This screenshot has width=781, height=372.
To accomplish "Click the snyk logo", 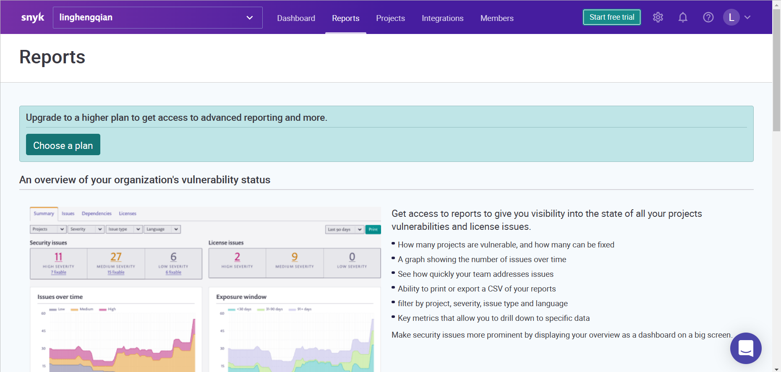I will coord(33,18).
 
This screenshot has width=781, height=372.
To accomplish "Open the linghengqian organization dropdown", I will coord(157,18).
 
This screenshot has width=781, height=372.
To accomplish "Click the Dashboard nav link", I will coord(296,18).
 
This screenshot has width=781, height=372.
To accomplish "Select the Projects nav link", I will coord(390,18).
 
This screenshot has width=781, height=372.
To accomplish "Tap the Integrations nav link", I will coord(442,18).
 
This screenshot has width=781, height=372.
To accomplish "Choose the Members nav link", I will coord(497,18).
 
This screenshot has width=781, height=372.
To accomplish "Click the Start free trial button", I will coord(611,17).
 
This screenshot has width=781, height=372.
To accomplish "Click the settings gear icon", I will coord(658,17).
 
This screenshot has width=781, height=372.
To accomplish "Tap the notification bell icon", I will coord(683,17).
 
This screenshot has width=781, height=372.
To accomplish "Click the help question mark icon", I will coord(708,17).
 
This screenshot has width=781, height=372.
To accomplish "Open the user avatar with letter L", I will coord(731,17).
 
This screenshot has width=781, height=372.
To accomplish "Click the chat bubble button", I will coord(746,348).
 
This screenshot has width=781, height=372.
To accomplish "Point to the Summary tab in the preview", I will coord(44,213).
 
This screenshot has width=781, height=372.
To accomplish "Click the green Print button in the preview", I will coord(373,229).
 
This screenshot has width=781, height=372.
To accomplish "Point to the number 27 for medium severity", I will coord(116,257).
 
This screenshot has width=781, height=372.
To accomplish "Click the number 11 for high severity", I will coord(58,257).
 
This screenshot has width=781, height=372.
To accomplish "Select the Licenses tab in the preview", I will coord(128,213).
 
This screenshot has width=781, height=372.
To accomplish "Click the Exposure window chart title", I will coord(241,297).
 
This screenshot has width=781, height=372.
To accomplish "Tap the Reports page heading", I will coord(52,57).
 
